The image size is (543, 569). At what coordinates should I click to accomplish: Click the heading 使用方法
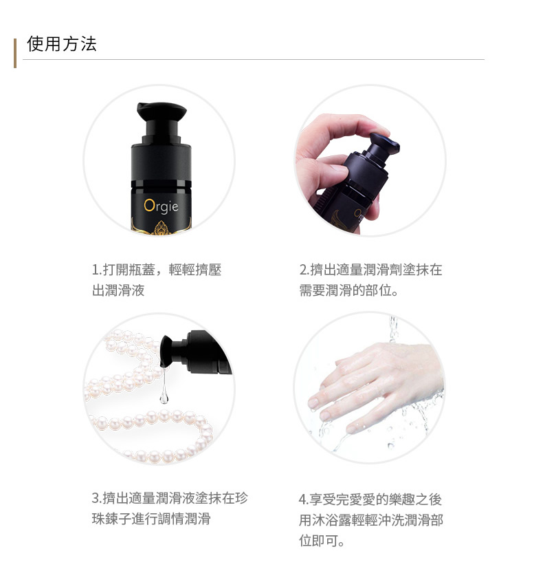click(62, 44)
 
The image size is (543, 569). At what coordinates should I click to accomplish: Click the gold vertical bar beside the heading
click(15, 53)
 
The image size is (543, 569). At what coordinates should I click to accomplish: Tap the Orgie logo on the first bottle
click(161, 206)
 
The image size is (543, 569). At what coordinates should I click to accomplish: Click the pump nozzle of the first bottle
click(162, 111)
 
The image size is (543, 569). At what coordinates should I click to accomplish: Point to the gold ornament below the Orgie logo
click(162, 228)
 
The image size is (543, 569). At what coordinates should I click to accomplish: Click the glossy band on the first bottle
click(161, 184)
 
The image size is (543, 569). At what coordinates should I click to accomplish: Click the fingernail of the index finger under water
click(313, 402)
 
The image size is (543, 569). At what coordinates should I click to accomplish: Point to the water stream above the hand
click(393, 329)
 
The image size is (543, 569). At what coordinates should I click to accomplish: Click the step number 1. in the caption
click(96, 270)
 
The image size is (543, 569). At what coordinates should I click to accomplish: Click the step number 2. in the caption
click(304, 270)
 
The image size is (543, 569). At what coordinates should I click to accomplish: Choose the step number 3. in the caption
click(97, 498)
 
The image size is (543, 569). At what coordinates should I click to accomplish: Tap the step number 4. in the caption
click(304, 500)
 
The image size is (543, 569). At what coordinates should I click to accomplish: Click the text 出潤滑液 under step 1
click(118, 290)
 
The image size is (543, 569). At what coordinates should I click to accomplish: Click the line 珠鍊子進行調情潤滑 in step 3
click(151, 519)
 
